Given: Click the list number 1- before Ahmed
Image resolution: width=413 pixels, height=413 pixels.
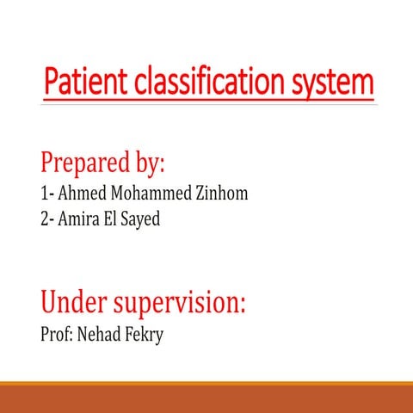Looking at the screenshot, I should [x=47, y=194].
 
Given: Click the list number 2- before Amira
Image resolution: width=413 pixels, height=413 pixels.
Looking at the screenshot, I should [x=47, y=219].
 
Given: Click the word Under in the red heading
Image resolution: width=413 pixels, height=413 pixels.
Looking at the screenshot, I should [x=74, y=303].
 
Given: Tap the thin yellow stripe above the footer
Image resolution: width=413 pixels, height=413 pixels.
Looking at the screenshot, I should [x=206, y=384].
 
